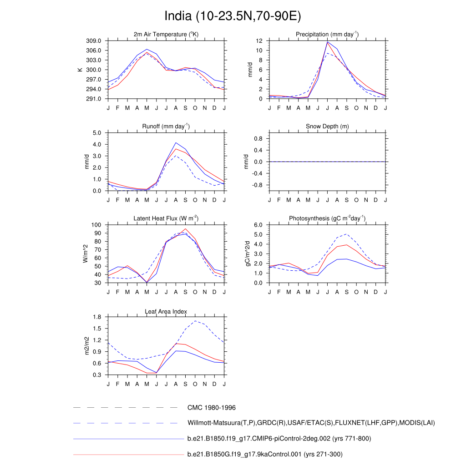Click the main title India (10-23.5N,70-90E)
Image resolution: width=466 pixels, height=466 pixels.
click(x=233, y=16)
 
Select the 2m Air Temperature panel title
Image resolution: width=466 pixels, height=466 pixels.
click(x=166, y=35)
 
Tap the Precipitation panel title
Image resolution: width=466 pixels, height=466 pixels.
click(x=327, y=35)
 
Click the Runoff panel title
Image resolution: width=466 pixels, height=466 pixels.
click(x=166, y=127)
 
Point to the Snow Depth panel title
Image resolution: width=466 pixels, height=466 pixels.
click(x=327, y=127)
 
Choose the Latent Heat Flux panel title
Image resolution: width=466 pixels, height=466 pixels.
click(x=166, y=219)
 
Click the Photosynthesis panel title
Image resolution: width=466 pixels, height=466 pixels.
click(x=327, y=219)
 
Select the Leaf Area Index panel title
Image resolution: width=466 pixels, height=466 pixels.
click(x=166, y=312)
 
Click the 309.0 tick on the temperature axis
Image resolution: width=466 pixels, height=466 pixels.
click(x=96, y=41)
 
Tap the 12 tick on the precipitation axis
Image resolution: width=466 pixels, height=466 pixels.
click(x=259, y=41)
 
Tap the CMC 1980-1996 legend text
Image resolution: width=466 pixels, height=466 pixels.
click(x=211, y=408)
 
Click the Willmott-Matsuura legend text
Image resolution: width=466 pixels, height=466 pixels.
click(x=311, y=423)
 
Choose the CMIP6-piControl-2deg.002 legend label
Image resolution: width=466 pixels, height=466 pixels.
click(x=279, y=439)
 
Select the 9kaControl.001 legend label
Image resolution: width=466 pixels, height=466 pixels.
click(x=265, y=454)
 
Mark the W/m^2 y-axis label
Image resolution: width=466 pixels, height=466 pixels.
click(x=85, y=253)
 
